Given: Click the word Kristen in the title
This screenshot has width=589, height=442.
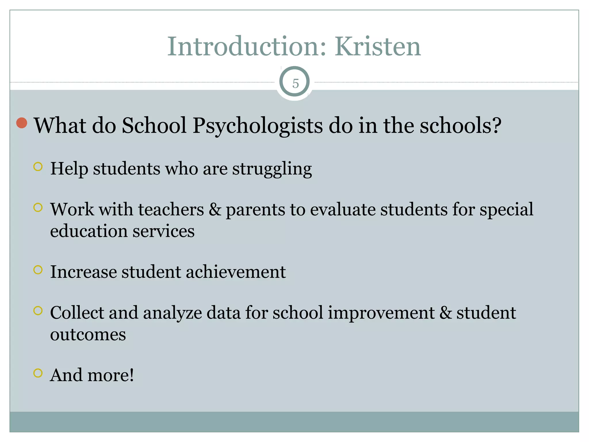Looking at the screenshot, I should click(x=378, y=47).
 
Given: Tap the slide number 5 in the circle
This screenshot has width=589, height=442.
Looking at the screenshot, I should click(x=295, y=84).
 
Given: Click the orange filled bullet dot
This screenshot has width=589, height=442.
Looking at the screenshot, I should click(x=22, y=123).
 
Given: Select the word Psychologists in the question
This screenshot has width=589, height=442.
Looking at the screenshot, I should click(x=258, y=126).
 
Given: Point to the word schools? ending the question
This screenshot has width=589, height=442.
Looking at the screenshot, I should click(x=460, y=125).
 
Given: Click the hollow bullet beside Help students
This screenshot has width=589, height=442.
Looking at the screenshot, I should click(x=38, y=167).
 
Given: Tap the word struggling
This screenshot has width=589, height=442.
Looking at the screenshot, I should click(x=272, y=169).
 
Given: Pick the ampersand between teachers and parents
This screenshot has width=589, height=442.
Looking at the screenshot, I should click(x=215, y=209).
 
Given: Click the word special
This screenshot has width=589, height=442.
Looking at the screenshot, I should click(x=506, y=210).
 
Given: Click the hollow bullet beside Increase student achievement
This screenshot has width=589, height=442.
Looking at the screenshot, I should click(x=38, y=270).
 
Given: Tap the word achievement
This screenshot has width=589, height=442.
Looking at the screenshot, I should click(x=236, y=272).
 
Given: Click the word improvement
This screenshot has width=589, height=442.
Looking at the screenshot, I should click(x=381, y=313).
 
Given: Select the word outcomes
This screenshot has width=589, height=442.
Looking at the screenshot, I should click(x=88, y=335).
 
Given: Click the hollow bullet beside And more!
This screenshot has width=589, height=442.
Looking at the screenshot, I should click(x=38, y=373).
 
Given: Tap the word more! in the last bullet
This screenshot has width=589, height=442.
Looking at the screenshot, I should click(x=111, y=375).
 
